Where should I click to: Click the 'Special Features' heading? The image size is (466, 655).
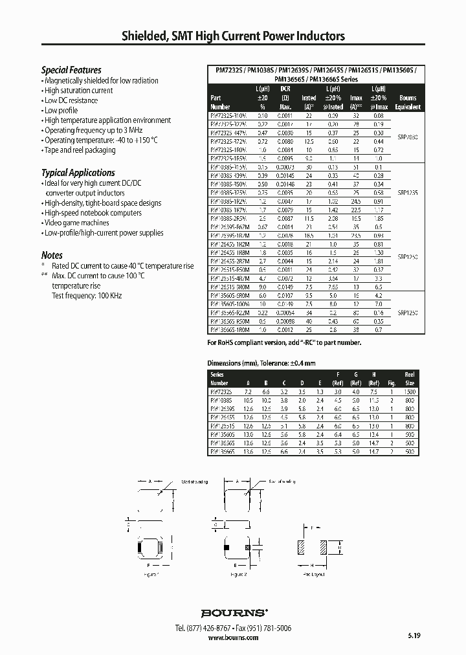[71, 70]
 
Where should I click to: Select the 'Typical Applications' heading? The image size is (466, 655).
[78, 173]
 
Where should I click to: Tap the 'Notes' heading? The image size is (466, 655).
[52, 255]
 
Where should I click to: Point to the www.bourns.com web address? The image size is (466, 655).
[233, 638]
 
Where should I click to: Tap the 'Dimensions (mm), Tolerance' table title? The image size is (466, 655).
[261, 363]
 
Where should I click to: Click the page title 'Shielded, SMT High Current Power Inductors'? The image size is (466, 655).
[233, 36]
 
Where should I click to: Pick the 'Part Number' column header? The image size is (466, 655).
[221, 102]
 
